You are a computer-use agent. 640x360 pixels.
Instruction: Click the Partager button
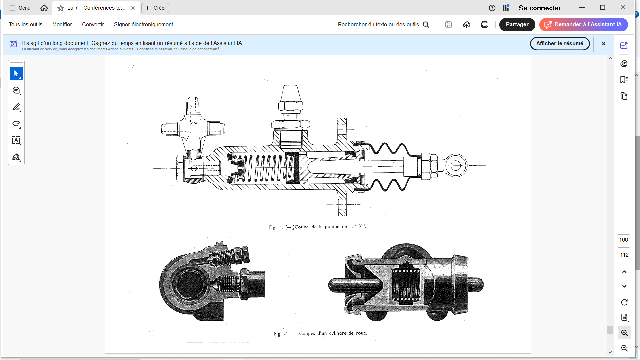(517, 25)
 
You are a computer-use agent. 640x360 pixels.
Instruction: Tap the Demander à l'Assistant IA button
(583, 25)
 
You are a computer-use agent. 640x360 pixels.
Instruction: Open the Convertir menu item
(93, 25)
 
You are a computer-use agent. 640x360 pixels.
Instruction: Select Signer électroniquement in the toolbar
(143, 25)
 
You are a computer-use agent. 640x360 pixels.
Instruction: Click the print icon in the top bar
(485, 25)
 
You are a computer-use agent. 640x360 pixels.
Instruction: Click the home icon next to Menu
(44, 8)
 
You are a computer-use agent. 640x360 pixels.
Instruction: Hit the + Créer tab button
(155, 8)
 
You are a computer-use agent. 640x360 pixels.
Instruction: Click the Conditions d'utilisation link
(154, 49)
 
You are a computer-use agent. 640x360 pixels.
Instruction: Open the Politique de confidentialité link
(199, 49)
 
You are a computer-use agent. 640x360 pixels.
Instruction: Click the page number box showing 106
(623, 240)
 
